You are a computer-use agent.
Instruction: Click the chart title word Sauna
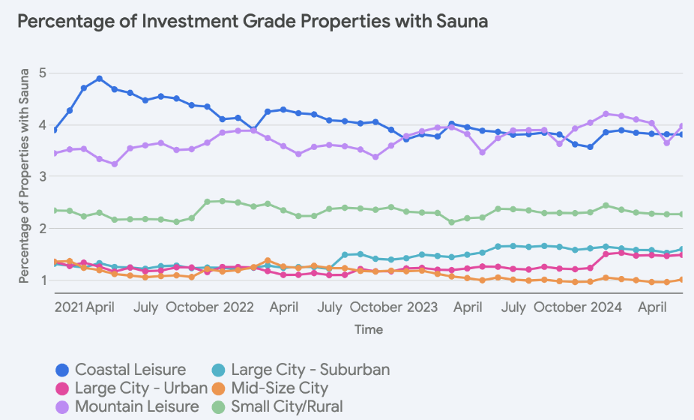(x=461, y=21)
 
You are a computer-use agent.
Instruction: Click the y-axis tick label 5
(x=43, y=73)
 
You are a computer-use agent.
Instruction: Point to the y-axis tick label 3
(x=43, y=176)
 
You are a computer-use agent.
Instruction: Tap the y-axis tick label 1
(x=43, y=280)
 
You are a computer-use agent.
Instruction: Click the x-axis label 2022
(x=239, y=307)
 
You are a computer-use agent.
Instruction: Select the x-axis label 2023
(x=423, y=307)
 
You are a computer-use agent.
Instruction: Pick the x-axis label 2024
(x=606, y=307)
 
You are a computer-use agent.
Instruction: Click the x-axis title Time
(x=369, y=329)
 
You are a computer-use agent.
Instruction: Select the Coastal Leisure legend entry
(x=130, y=369)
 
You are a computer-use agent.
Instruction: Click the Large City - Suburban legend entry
(x=310, y=369)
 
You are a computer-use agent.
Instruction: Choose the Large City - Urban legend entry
(x=141, y=388)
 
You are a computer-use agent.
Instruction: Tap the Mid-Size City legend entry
(x=280, y=388)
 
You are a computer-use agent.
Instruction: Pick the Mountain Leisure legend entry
(x=137, y=406)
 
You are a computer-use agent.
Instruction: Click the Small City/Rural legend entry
(x=287, y=406)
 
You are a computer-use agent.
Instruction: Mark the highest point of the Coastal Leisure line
(x=100, y=79)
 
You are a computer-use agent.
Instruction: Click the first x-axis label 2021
(x=69, y=307)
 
